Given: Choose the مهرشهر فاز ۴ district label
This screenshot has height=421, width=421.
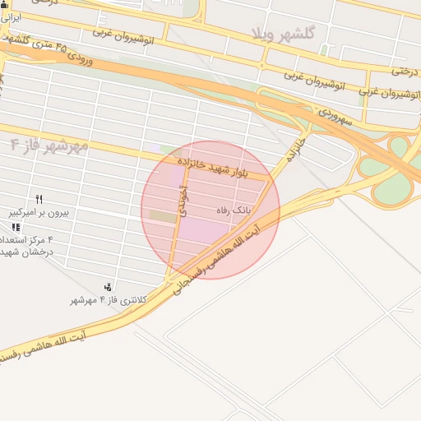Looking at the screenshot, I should point(49,146).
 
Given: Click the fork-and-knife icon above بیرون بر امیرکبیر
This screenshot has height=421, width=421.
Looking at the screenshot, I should point(39,199).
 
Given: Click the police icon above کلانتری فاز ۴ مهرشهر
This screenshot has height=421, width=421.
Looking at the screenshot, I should point(109,287).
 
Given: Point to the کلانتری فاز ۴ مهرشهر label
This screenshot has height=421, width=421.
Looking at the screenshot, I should point(108,300).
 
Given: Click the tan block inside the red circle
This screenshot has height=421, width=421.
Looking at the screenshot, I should point(162,215).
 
